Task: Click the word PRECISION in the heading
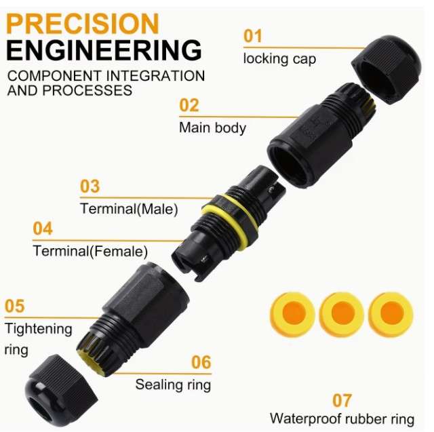(83, 24)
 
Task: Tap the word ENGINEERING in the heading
(104, 50)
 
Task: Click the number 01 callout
(253, 36)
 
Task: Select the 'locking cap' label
(279, 59)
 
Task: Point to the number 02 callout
(189, 105)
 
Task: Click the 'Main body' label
(212, 128)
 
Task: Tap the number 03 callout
(90, 186)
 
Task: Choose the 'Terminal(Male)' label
(129, 209)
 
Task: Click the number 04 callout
(43, 229)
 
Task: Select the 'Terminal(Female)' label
(90, 251)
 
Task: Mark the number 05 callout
(15, 306)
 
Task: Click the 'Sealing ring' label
(174, 385)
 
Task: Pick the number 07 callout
(342, 400)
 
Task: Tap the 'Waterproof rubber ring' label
(342, 419)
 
